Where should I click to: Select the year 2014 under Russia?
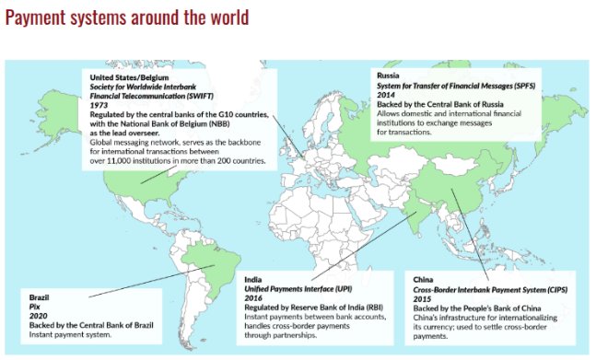pyautogui.click(x=385, y=95)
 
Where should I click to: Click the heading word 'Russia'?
pyautogui.click(x=388, y=74)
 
